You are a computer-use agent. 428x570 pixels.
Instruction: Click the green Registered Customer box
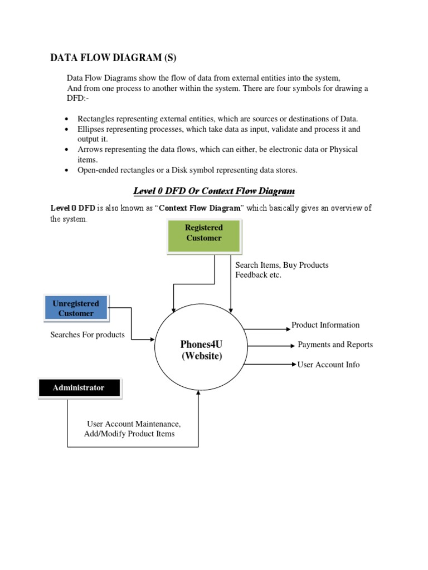pos(204,235)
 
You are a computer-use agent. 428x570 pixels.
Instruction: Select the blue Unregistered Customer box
pos(76,308)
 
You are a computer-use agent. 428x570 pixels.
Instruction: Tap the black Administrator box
pos(79,388)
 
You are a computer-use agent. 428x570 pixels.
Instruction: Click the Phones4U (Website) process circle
pos(201,350)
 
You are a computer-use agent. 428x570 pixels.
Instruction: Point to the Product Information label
pos(325,325)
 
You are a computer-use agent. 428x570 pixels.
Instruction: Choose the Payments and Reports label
pos(335,345)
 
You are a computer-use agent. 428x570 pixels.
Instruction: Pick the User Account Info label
pos(328,365)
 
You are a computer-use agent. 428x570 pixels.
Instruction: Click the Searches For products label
pos(87,335)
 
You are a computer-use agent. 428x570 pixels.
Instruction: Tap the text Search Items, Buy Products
pos(281,265)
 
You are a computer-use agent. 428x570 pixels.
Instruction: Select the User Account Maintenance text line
pos(134,424)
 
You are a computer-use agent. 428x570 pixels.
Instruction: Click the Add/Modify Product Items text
pos(129,434)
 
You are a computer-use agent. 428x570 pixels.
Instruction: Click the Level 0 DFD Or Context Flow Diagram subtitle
pos(214,191)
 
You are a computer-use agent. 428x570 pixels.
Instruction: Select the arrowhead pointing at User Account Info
pos(294,365)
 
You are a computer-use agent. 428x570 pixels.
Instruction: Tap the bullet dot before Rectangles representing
pos(67,120)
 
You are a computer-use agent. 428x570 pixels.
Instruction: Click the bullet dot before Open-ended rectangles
pos(67,170)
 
